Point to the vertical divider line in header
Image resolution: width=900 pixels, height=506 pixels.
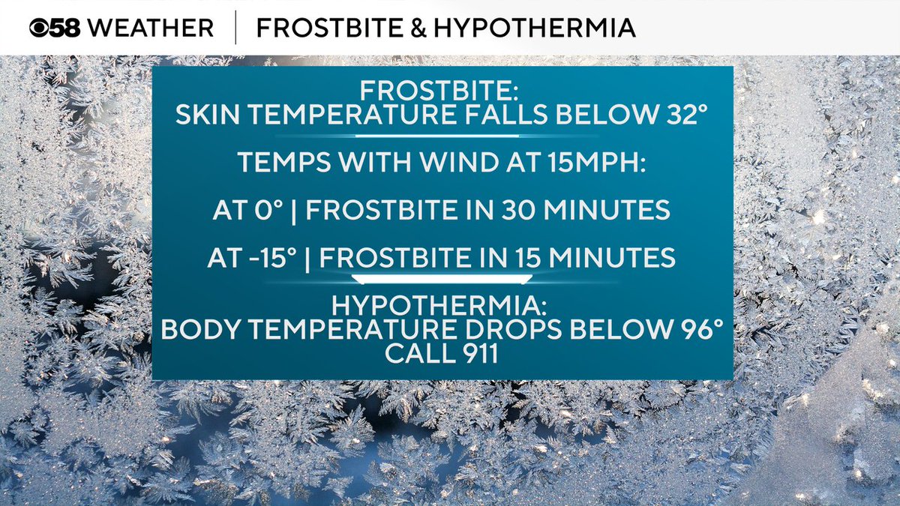[235, 28]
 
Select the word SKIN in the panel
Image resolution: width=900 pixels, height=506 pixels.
[203, 116]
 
